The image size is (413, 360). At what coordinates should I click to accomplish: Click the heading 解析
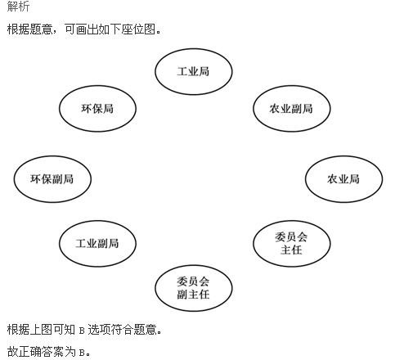tap(18, 6)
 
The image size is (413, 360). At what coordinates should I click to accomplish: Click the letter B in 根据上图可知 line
tap(82, 331)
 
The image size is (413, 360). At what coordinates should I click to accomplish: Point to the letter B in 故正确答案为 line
tap(82, 353)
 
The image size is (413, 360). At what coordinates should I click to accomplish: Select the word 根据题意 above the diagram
tap(29, 29)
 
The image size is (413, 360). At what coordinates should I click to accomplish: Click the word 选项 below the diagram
tap(99, 330)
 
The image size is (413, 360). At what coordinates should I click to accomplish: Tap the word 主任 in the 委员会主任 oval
tap(291, 250)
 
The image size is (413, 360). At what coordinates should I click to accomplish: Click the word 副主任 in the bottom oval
tap(193, 295)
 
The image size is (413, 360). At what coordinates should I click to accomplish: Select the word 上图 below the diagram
tap(41, 330)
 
